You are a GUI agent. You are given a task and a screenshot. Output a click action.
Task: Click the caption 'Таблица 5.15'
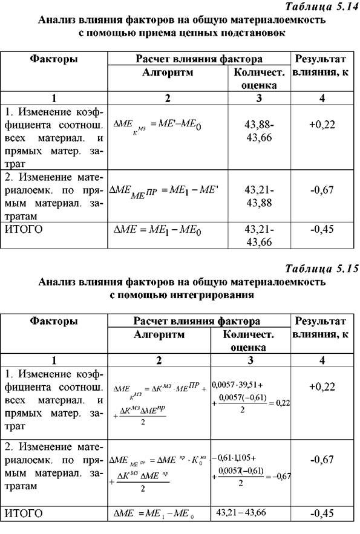click(319, 269)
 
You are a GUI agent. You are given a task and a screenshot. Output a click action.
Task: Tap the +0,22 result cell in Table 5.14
click(321, 125)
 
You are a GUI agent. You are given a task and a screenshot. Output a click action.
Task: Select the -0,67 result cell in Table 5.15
click(321, 460)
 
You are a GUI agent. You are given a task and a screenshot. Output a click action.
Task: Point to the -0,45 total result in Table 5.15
click(321, 515)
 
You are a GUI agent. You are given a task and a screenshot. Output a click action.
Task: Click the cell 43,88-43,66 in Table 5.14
click(259, 131)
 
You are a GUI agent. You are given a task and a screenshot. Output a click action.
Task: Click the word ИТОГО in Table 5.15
click(23, 514)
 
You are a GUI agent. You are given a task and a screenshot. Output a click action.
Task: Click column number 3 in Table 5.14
click(259, 98)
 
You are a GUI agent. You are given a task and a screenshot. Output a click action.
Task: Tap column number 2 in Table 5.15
click(159, 360)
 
